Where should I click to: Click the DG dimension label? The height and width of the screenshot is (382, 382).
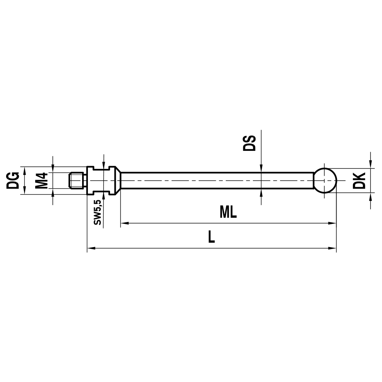click(13, 180)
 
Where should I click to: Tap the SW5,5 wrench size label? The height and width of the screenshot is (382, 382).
click(98, 212)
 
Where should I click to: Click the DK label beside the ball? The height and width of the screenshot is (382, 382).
click(359, 180)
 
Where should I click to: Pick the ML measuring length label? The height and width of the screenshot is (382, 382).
click(228, 213)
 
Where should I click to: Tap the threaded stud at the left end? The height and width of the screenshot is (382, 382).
click(78, 180)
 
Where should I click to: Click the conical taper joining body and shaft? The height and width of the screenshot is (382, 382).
click(118, 180)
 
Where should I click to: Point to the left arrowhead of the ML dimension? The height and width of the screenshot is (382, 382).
click(125, 223)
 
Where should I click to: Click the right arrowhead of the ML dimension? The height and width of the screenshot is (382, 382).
click(332, 223)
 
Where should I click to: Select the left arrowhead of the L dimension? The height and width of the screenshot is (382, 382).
click(91, 249)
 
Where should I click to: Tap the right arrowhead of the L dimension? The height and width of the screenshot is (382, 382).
click(332, 249)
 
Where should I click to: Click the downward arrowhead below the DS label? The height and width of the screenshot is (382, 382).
click(261, 168)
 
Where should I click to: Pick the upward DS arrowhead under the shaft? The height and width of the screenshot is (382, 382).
click(261, 193)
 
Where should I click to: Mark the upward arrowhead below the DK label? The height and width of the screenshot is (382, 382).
click(371, 196)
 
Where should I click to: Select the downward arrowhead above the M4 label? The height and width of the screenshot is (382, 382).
click(53, 168)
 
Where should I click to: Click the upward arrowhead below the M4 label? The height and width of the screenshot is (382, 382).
click(53, 192)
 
